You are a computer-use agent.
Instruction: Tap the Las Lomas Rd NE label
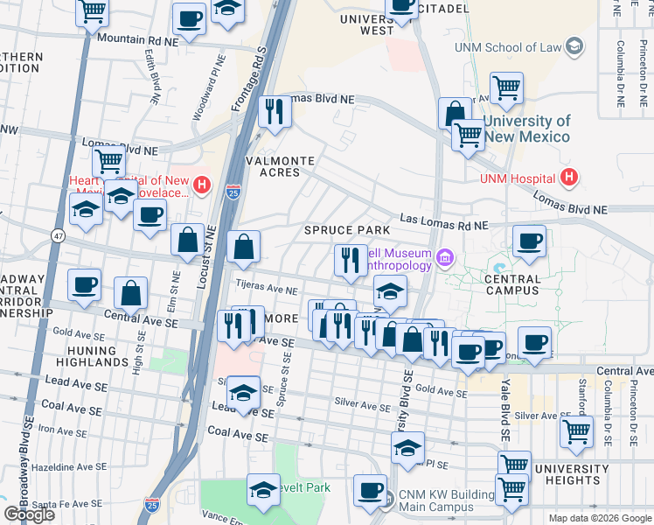(x=444, y=222)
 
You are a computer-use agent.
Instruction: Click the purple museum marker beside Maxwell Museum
(x=446, y=257)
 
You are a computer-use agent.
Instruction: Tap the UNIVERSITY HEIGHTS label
(x=572, y=473)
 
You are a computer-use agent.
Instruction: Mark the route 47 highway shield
(x=58, y=236)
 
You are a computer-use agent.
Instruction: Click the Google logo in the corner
(x=30, y=514)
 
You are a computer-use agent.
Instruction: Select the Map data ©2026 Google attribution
(x=599, y=518)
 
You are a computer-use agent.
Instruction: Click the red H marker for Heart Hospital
(x=202, y=185)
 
